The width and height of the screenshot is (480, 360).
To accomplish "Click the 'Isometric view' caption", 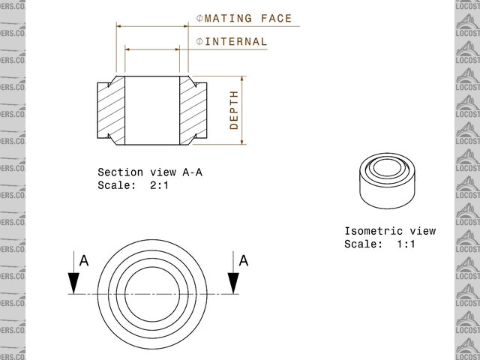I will [389, 231].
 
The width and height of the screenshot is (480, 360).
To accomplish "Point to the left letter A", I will [84, 261].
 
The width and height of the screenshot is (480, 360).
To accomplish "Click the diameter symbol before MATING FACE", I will [199, 18].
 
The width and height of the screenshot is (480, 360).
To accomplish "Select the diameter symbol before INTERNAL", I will [199, 41].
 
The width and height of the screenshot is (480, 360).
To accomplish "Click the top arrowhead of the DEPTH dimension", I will [243, 79].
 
